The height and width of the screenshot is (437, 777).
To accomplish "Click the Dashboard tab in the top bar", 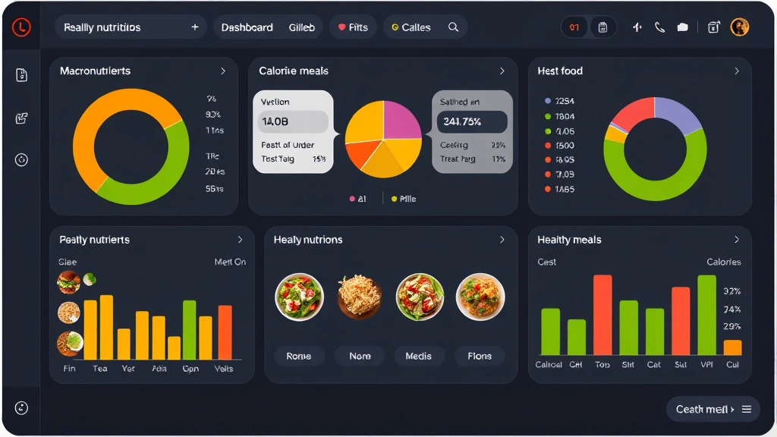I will (x=247, y=27).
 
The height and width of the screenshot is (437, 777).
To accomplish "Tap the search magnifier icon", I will (x=453, y=27).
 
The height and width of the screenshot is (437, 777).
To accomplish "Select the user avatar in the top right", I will (x=739, y=27).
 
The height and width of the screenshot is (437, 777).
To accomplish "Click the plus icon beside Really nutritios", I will (x=195, y=27).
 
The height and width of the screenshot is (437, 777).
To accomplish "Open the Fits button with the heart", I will (x=353, y=27).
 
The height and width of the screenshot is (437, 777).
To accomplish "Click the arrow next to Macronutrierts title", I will (x=223, y=71).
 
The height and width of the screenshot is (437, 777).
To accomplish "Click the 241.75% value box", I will (x=471, y=121).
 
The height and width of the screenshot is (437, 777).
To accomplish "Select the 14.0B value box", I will (x=294, y=121).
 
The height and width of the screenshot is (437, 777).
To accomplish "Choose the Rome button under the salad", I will (x=299, y=356).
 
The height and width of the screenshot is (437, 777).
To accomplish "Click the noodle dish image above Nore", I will (x=360, y=296).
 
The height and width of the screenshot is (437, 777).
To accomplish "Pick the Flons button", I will (x=480, y=356).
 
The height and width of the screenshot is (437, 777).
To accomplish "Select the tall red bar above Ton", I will (x=602, y=315).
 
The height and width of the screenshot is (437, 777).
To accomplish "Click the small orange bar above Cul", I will (x=732, y=347).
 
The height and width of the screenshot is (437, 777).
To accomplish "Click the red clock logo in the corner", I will (x=21, y=27).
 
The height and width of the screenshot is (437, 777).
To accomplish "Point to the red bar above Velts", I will (x=225, y=332).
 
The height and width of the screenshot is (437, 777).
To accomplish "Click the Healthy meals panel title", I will (x=569, y=240).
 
